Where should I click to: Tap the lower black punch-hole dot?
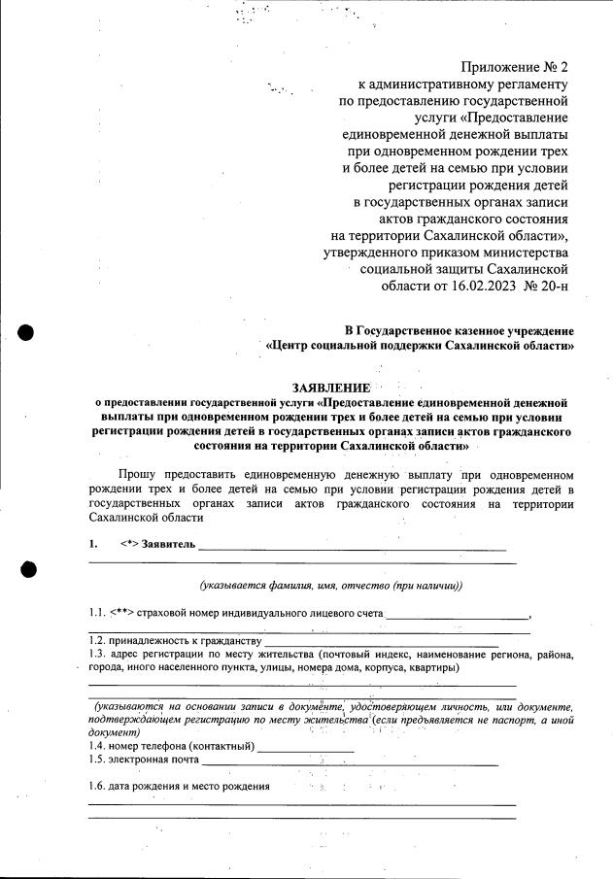coord(26,570)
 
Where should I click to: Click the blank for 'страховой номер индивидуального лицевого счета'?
coord(457,616)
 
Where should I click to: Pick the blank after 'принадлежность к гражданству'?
coord(381,644)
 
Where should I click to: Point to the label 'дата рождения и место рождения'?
coord(188,786)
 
